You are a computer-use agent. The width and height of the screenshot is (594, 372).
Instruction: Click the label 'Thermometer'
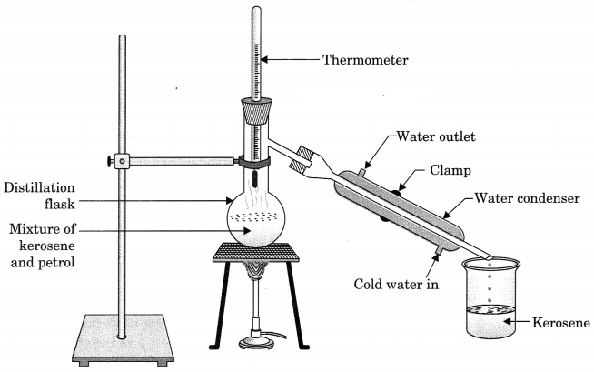tap(366, 61)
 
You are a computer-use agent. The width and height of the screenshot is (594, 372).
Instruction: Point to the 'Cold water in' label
tap(397, 283)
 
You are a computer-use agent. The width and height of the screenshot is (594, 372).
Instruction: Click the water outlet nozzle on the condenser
tap(362, 169)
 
